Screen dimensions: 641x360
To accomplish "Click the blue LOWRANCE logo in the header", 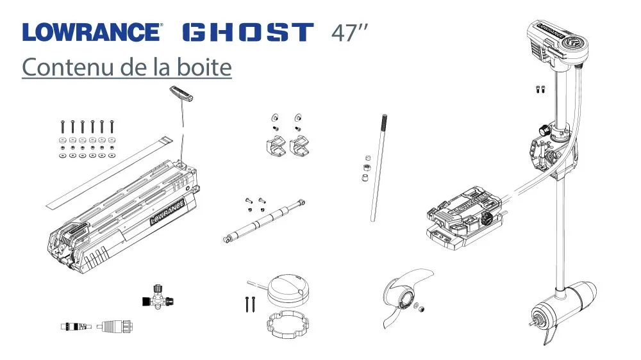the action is [x=92, y=32].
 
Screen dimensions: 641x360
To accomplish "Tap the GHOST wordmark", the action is [x=248, y=32].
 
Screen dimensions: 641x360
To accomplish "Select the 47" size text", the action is [x=349, y=33].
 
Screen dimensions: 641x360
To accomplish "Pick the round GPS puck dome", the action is [x=288, y=290].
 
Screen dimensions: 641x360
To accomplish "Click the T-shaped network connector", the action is [x=158, y=297].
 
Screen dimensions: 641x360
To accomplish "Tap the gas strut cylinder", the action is [x=264, y=220].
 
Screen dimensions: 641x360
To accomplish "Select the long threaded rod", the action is [x=378, y=168].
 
